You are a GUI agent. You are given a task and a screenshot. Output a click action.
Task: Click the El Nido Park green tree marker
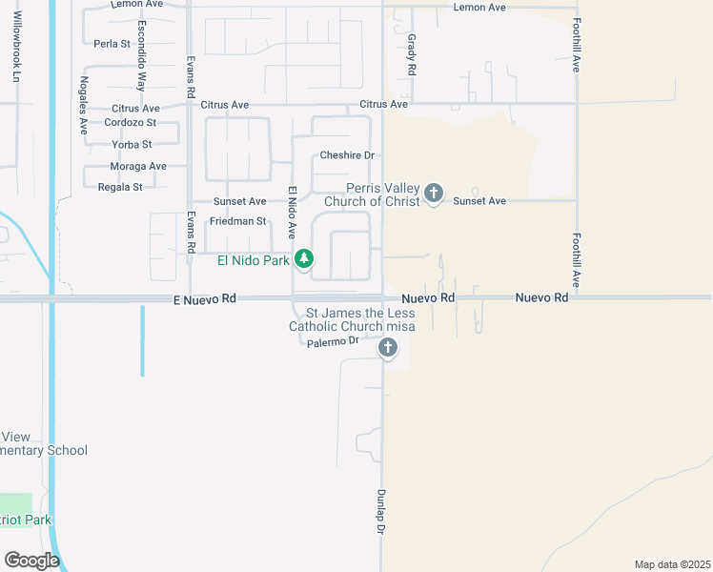tap(304, 258)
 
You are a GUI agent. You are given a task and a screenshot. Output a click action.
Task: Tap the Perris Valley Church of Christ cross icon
tap(434, 194)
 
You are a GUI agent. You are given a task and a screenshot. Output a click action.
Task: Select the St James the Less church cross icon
tap(387, 348)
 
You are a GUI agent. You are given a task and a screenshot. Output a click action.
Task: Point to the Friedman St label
tap(238, 221)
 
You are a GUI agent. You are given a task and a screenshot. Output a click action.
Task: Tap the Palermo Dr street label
tap(333, 340)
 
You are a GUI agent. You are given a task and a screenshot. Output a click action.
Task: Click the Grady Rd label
tap(412, 55)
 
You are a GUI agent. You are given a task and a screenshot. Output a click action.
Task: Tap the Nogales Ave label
tap(84, 104)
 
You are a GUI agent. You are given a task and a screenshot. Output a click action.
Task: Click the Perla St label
tap(112, 44)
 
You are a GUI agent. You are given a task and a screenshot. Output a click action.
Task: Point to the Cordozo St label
tap(131, 122)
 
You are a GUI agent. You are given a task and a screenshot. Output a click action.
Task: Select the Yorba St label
tap(132, 144)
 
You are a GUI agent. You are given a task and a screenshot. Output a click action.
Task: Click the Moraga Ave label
tap(138, 166)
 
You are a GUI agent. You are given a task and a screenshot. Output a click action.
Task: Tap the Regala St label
tap(120, 187)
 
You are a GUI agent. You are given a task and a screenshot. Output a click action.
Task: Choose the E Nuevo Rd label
tap(204, 298)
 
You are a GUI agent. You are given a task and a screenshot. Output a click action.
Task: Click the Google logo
tap(31, 560)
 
